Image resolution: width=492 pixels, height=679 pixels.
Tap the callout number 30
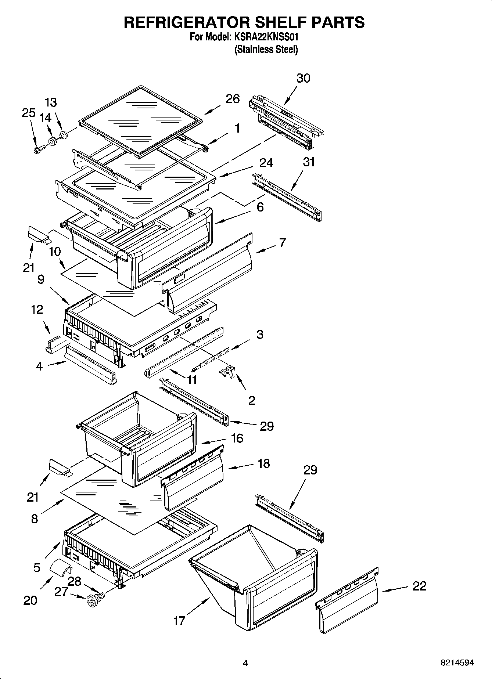303,78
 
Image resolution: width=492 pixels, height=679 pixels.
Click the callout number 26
233,98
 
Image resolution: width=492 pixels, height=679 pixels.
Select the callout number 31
309,162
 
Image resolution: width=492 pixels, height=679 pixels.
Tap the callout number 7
282,243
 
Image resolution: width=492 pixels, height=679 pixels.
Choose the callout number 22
419,586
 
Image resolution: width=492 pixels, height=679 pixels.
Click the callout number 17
179,621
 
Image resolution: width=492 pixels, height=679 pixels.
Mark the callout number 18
264,463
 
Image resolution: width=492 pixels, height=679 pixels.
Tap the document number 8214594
457,663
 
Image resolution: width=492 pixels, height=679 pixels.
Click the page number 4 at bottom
245,663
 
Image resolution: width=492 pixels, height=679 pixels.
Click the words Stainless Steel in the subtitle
266,50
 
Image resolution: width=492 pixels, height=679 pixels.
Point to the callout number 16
237,438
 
